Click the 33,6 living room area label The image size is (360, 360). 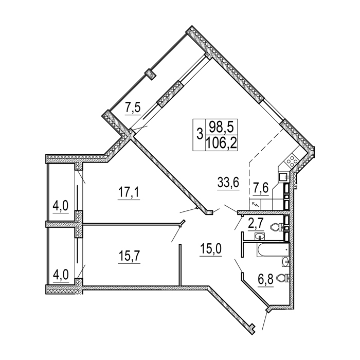(x=228, y=183)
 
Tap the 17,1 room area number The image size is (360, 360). (x=129, y=192)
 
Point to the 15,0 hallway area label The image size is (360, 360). (x=211, y=249)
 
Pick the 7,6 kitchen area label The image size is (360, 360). (x=261, y=188)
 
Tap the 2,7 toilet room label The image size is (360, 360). (x=256, y=223)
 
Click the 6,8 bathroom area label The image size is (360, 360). (x=266, y=279)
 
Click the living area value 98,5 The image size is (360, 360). (x=222, y=127)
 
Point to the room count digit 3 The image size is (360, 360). (x=200, y=134)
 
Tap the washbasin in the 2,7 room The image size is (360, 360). (x=260, y=236)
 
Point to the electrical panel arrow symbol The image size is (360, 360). (x=256, y=204)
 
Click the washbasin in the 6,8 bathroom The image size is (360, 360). (x=285, y=261)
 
